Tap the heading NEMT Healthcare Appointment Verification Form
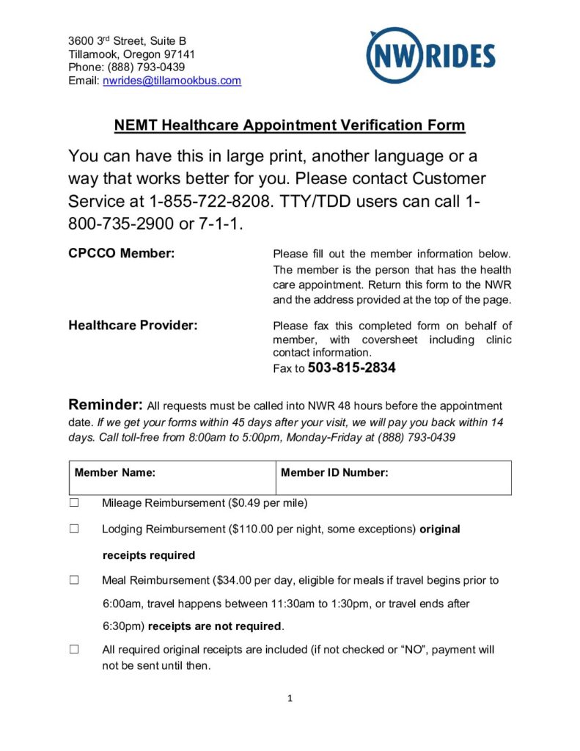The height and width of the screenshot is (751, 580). pyautogui.click(x=289, y=125)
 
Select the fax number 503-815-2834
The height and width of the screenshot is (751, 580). pyautogui.click(x=352, y=368)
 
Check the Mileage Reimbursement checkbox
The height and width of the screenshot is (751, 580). pyautogui.click(x=74, y=503)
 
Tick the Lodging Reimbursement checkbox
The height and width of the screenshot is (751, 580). pyautogui.click(x=74, y=529)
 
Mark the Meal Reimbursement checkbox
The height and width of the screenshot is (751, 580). pyautogui.click(x=74, y=580)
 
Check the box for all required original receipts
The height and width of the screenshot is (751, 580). pyautogui.click(x=74, y=650)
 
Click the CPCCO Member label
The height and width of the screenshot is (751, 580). pyautogui.click(x=121, y=254)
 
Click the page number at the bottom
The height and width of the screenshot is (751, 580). pyautogui.click(x=290, y=699)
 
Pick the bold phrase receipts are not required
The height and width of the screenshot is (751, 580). pyautogui.click(x=215, y=626)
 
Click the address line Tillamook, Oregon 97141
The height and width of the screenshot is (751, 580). pyautogui.click(x=132, y=54)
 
